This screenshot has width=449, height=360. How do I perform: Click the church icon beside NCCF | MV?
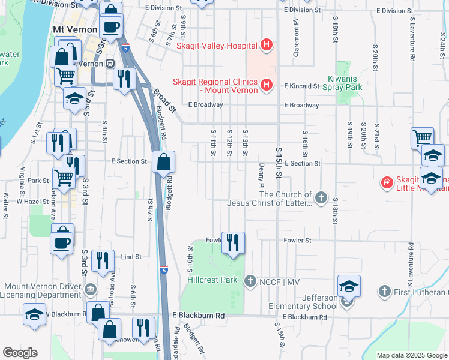pos(250,281)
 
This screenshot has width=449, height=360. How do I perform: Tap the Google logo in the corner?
pos(20,353)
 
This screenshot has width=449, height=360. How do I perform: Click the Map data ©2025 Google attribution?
pos(411,355)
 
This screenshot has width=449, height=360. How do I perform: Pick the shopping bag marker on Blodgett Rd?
pos(163,162)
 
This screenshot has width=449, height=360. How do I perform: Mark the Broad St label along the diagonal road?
pos(163,100)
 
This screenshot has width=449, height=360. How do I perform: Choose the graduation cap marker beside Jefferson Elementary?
pos(348,286)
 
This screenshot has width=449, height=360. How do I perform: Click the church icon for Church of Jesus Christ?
pos(321,197)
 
